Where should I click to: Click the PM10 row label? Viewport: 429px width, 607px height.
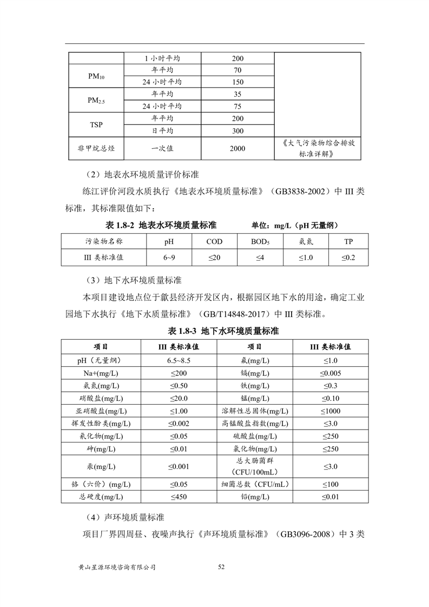[96, 76]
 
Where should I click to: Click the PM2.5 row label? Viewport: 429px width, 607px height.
[96, 100]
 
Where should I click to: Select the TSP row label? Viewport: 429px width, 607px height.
[96, 124]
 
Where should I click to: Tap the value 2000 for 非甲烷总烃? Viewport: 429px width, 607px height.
[237, 149]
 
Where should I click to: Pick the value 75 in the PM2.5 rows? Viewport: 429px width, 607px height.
[237, 107]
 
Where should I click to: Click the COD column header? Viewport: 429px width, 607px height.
[214, 242]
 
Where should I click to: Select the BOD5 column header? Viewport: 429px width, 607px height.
[260, 242]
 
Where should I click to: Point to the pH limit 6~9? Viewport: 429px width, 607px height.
[169, 258]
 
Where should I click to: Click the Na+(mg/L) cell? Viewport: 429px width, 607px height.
[101, 373]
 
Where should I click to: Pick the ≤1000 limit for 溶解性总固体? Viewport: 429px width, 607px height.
[330, 411]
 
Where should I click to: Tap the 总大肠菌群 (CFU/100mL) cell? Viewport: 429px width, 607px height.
[255, 466]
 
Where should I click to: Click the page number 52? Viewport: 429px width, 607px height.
[221, 567]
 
